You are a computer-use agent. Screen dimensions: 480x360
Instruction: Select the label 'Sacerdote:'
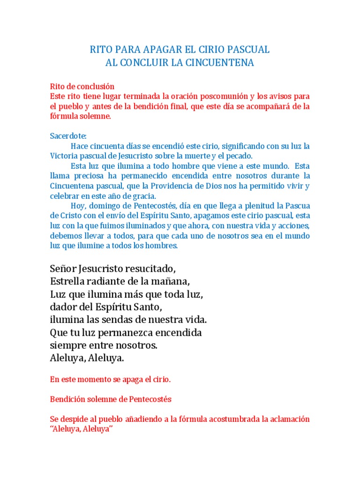click(68, 136)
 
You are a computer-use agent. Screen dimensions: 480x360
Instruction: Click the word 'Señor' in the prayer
click(63, 269)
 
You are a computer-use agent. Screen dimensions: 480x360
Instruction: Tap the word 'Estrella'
click(67, 282)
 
